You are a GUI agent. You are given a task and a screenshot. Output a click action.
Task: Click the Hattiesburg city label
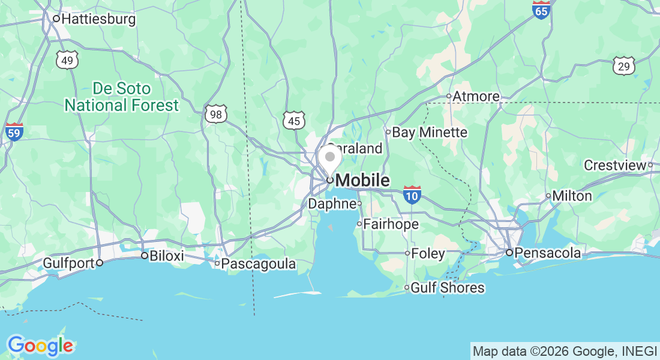point(98,19)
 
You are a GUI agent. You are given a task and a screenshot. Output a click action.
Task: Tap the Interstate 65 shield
point(541,10)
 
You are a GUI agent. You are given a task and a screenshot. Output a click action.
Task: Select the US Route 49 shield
point(68,59)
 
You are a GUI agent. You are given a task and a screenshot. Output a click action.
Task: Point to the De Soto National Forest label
point(122,97)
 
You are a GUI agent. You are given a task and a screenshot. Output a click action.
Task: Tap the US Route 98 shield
point(216,114)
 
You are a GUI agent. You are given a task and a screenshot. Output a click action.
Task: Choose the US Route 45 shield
point(294,121)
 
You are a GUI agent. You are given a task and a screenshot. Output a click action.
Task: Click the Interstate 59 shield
point(14,132)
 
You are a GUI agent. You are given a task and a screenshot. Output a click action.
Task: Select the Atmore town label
point(476,96)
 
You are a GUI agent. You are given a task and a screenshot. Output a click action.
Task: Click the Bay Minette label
point(429,132)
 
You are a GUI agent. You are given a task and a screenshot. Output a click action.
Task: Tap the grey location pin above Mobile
point(329,158)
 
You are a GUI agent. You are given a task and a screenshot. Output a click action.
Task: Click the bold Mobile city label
point(362,180)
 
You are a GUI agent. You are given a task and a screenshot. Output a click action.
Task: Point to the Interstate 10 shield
point(412,195)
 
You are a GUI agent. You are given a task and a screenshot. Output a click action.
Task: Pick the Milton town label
point(572,196)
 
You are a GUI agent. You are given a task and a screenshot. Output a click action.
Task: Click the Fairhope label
point(391,224)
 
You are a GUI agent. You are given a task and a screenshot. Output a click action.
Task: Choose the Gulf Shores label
point(447,288)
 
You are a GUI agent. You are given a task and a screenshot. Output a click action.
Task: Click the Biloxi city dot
point(144,256)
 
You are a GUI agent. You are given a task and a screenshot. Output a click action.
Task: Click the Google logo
point(40,346)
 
